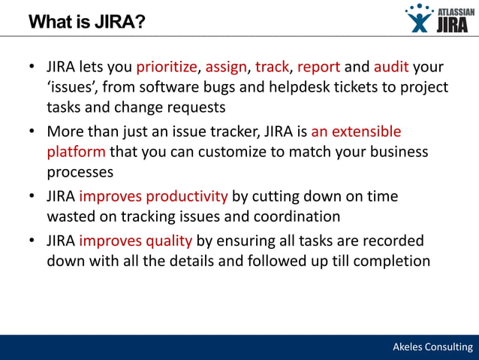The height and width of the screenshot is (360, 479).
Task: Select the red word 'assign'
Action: point(226,68)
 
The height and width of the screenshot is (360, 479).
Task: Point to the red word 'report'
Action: point(319,68)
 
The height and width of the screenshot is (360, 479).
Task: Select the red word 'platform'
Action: point(76,152)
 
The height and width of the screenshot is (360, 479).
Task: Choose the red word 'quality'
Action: point(168,242)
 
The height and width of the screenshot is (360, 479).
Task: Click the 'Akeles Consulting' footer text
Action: point(433,346)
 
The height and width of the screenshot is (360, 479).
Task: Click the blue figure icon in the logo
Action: point(418,19)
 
